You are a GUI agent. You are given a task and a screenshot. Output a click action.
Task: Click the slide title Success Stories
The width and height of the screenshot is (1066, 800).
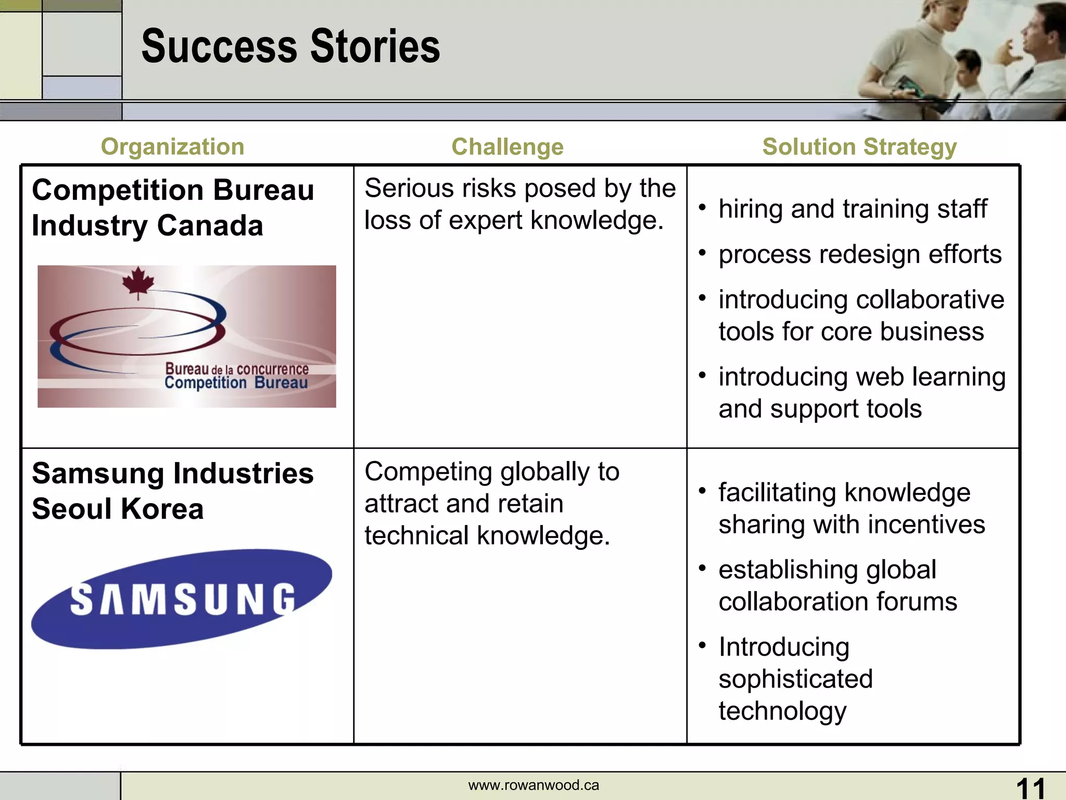pos(290,47)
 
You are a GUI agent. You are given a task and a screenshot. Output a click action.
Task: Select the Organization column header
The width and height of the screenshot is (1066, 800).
pos(172,147)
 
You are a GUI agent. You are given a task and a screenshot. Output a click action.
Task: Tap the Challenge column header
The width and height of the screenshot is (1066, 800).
pos(507,147)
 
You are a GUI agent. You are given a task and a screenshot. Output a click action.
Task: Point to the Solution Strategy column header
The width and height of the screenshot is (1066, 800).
pos(859,147)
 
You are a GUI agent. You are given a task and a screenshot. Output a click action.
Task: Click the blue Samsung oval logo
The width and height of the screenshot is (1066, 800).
pos(181,599)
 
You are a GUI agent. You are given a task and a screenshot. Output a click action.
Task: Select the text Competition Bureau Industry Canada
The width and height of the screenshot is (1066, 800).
pos(172,207)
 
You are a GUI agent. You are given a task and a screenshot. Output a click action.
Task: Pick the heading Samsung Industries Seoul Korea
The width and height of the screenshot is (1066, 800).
pos(172,491)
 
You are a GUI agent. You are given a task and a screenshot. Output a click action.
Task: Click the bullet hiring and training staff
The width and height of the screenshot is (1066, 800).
pos(852,209)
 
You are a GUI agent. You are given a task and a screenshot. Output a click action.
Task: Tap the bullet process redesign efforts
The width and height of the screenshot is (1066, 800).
pos(859,255)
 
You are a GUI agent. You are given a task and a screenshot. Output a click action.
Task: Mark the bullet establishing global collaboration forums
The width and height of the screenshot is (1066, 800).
pos(837,585)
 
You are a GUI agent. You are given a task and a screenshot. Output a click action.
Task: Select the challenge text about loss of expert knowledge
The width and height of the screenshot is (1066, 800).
pos(519,204)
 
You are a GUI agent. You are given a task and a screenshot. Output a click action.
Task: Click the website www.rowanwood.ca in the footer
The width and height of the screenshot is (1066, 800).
pos(534,785)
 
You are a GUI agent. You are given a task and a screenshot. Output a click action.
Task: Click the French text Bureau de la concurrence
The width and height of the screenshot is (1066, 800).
pos(237,369)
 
